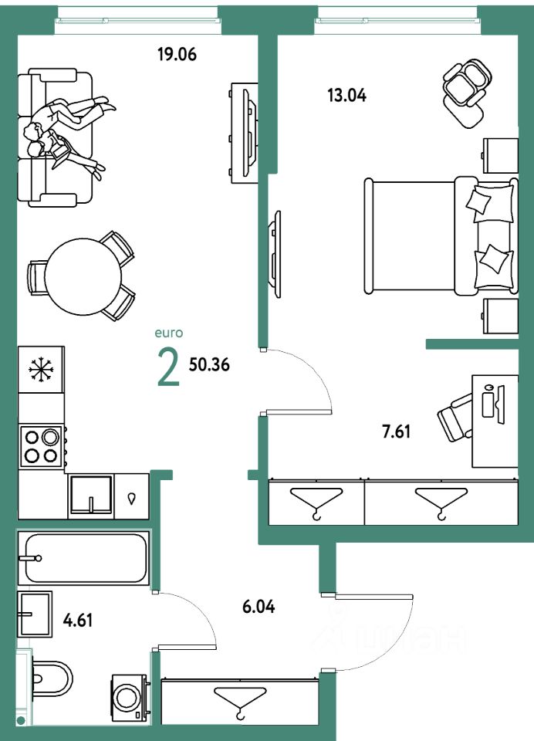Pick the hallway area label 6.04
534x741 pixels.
(259, 607)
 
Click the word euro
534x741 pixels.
(168, 333)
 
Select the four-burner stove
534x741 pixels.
(42, 445)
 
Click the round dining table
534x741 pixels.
(83, 275)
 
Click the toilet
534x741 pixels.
(51, 680)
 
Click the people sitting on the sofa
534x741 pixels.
(65, 131)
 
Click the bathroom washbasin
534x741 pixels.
(34, 614)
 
